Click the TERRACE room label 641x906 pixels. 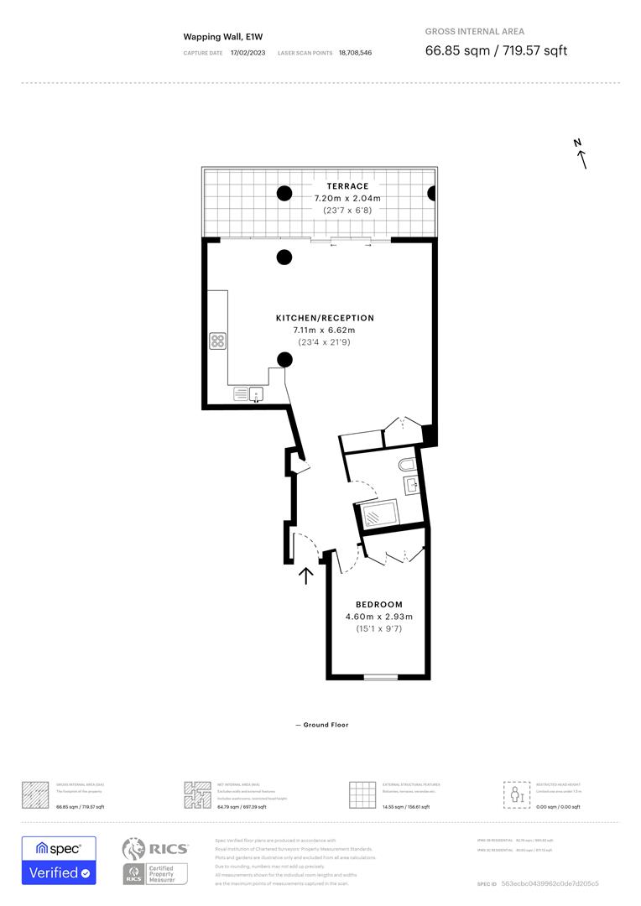click(347, 186)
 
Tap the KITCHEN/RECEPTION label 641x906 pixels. click(325, 318)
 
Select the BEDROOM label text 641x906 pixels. click(378, 604)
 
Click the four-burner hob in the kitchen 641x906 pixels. click(217, 341)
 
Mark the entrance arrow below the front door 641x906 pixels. click(306, 575)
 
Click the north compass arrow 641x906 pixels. click(581, 154)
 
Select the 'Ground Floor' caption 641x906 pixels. click(321, 725)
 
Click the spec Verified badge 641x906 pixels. click(59, 860)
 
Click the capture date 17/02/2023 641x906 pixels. click(248, 53)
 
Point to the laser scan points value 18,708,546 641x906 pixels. click(355, 53)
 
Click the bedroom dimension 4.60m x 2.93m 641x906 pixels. click(378, 617)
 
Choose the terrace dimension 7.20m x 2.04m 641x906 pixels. click(347, 198)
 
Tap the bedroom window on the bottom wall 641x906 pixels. click(380, 676)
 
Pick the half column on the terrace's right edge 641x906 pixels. click(432, 194)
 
